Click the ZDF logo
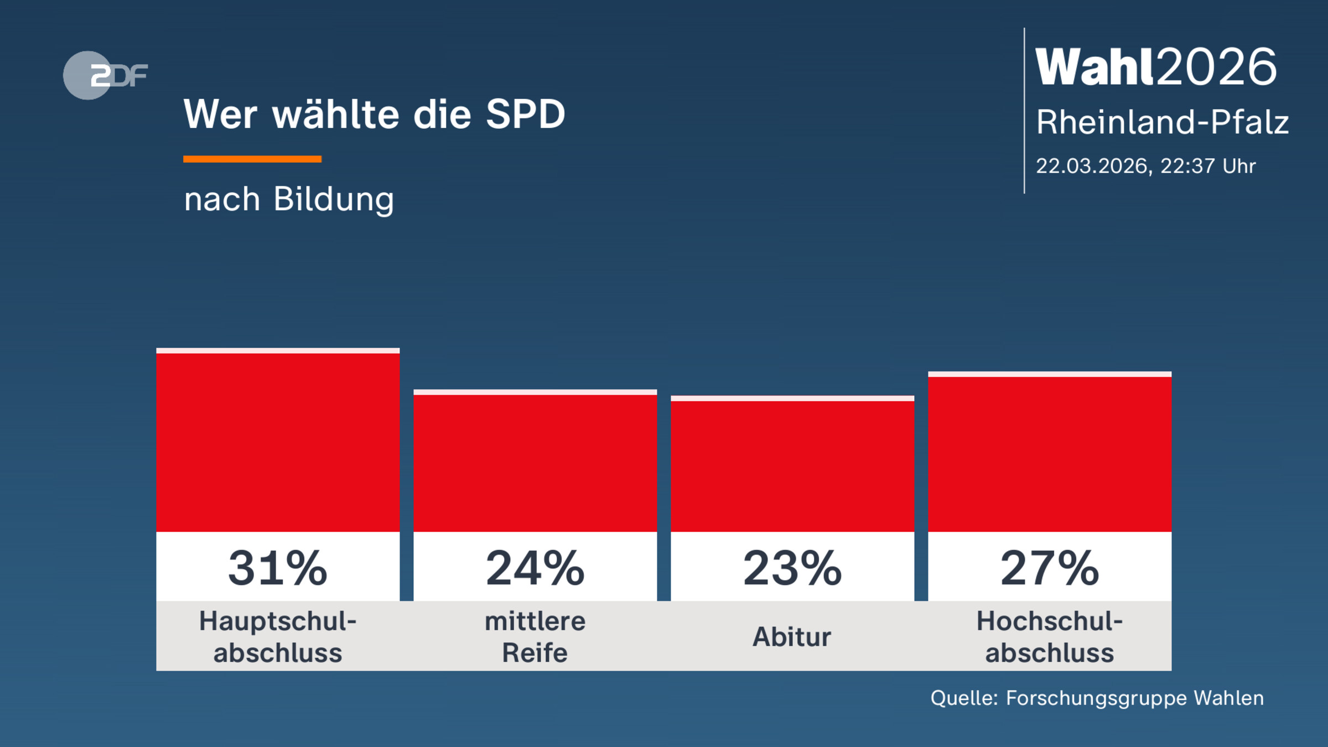point(105,75)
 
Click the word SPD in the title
point(525,115)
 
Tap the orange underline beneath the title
point(252,159)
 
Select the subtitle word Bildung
point(334,199)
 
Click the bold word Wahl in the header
point(1095,67)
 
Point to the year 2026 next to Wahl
point(1217,67)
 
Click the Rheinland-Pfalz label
point(1162,122)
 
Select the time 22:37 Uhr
point(1207,166)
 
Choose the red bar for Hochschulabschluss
point(1050,453)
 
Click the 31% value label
point(278,568)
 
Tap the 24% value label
point(535,568)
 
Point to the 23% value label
point(792,568)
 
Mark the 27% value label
point(1050,568)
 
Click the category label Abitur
point(792,637)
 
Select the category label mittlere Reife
point(535,637)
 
